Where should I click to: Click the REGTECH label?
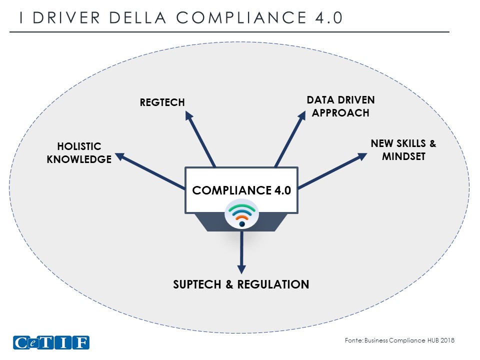click(x=162, y=102)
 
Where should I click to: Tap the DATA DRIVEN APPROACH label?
click(x=340, y=106)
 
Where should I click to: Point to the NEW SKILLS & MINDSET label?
click(x=403, y=150)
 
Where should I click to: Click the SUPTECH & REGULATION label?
click(x=241, y=284)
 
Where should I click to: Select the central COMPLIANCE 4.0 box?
click(x=241, y=190)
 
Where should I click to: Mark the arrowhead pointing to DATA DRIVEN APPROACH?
click(x=301, y=116)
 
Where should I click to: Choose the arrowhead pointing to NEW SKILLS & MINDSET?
click(x=362, y=156)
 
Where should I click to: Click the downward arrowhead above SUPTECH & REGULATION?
click(x=241, y=267)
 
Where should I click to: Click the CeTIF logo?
click(x=51, y=343)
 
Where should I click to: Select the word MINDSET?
click(x=403, y=156)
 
